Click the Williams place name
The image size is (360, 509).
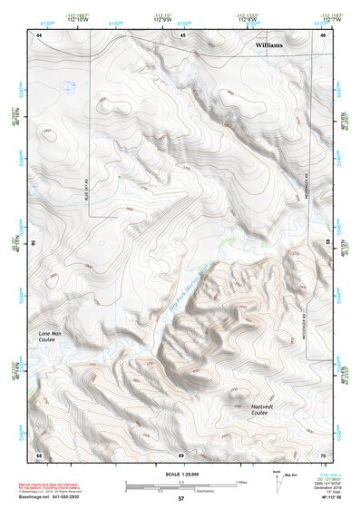(x=270, y=44)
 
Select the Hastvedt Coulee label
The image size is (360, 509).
(x=268, y=409)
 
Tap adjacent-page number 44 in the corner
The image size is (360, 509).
(x=39, y=34)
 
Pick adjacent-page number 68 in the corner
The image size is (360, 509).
(x=39, y=454)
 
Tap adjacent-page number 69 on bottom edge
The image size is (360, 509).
(x=181, y=454)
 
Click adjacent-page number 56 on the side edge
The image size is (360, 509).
(x=34, y=243)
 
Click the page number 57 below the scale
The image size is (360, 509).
(x=180, y=499)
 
